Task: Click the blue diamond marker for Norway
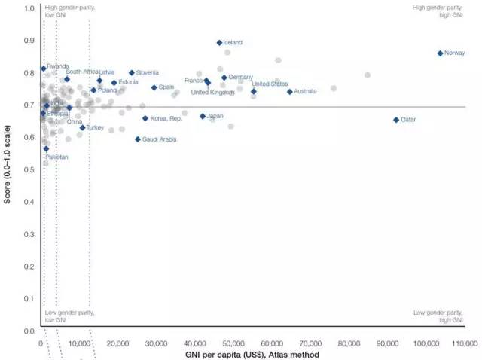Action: (440, 53)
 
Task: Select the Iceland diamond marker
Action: (219, 43)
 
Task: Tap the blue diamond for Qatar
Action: (396, 120)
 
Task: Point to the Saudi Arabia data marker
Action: (138, 139)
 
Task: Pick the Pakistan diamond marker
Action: (46, 148)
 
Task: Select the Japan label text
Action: (215, 116)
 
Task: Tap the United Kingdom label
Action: (212, 93)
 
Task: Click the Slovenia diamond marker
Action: (132, 73)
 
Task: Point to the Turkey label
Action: (95, 128)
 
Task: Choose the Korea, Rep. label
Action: (166, 118)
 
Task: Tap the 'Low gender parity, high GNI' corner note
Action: (440, 316)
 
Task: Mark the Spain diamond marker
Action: (154, 87)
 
